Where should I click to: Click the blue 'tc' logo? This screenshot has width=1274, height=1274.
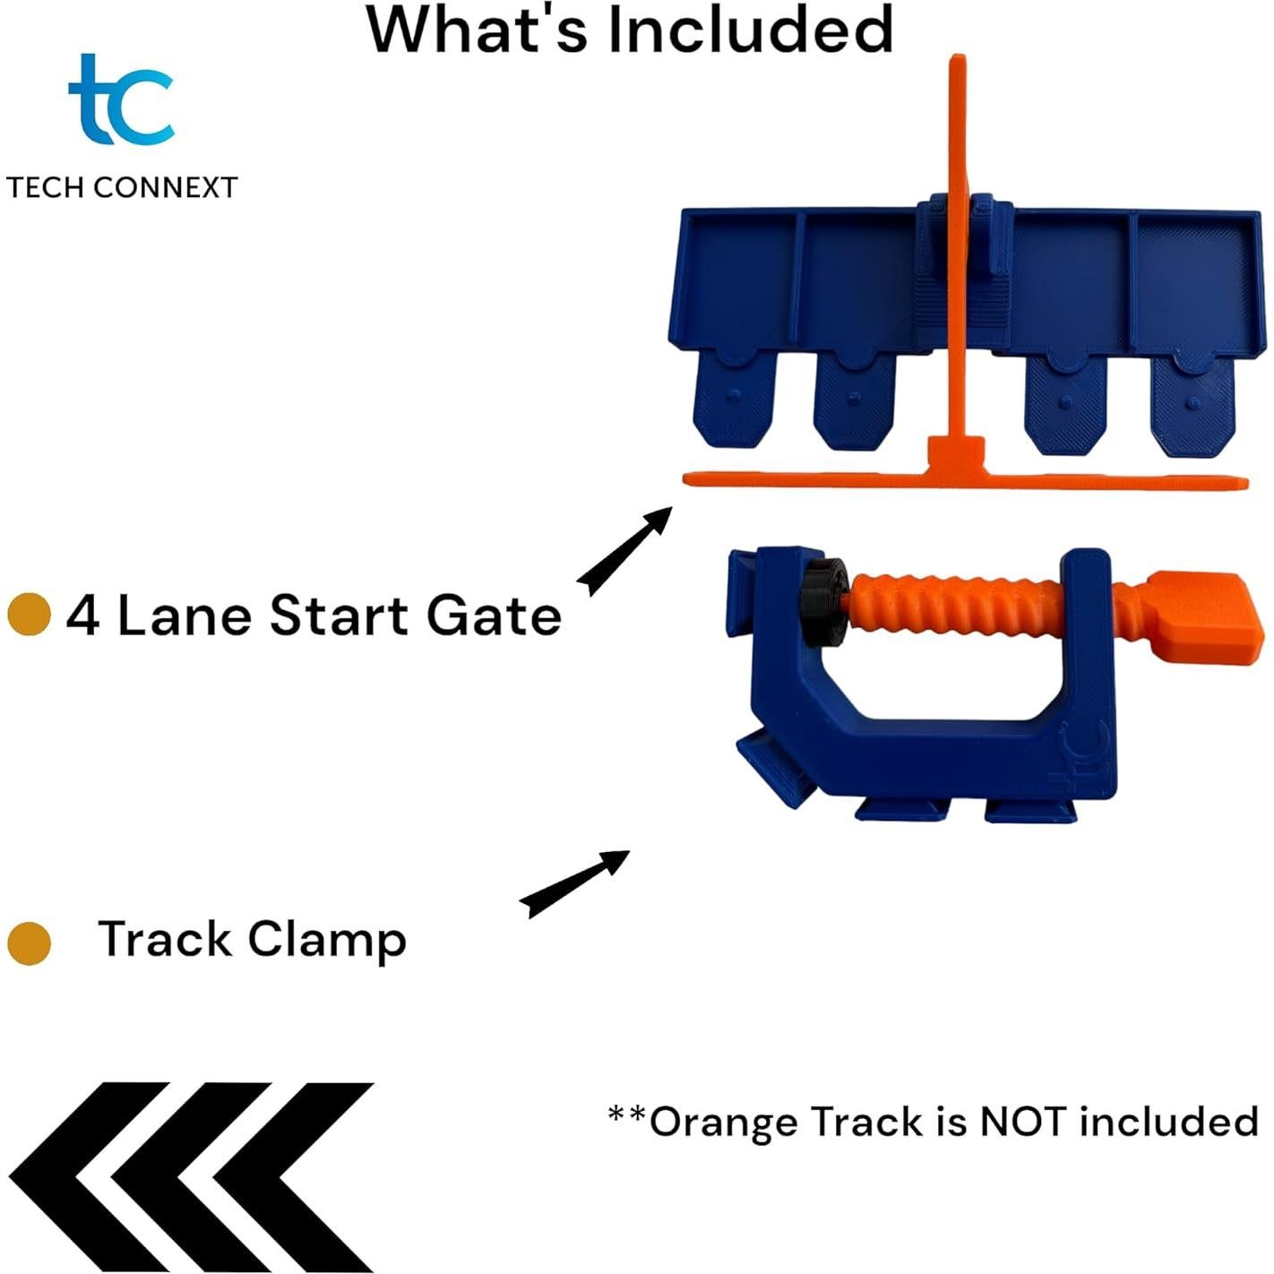(x=121, y=99)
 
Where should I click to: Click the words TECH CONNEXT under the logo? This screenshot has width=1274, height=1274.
(x=122, y=188)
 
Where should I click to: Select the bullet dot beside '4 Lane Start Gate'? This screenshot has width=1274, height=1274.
(x=29, y=615)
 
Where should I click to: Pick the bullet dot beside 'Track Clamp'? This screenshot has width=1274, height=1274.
(x=29, y=943)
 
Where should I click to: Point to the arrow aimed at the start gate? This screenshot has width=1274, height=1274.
(x=624, y=551)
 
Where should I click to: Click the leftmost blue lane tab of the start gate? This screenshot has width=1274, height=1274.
(x=734, y=400)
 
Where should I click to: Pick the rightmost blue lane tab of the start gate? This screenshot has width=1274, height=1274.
(x=1192, y=405)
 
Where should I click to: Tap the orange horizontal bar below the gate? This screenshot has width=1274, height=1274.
(x=965, y=479)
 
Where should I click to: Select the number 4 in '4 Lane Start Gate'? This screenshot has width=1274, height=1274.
(x=83, y=616)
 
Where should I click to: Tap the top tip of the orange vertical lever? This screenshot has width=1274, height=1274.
(x=959, y=57)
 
